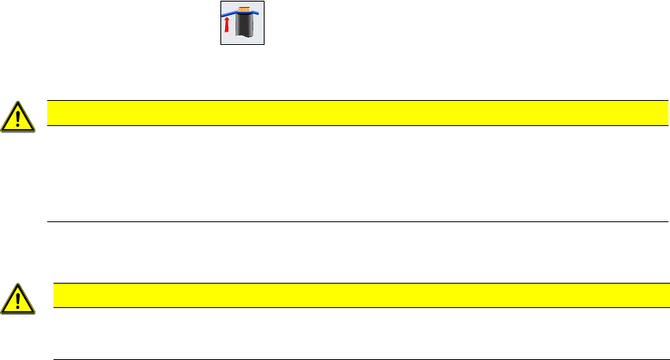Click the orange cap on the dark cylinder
(243, 9)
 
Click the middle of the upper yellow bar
(358, 113)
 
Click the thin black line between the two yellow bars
(358, 221)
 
